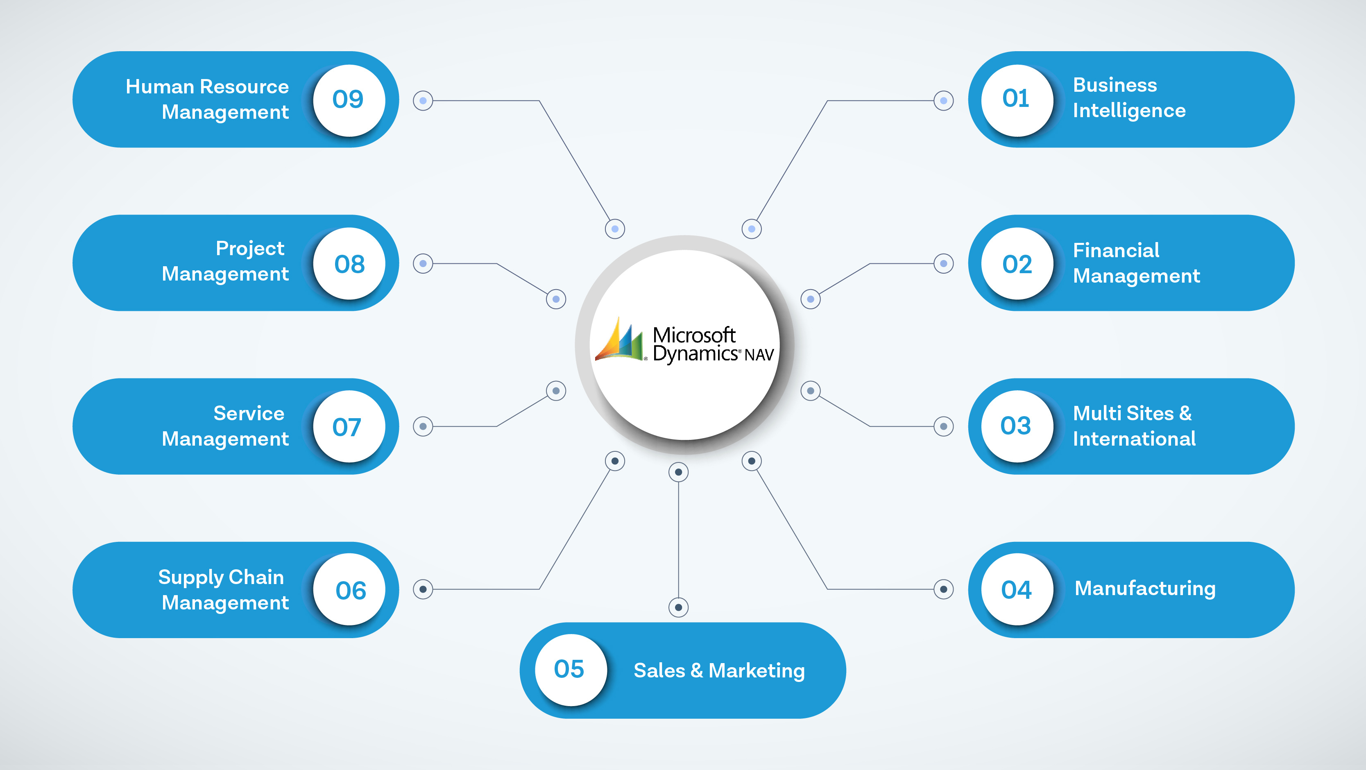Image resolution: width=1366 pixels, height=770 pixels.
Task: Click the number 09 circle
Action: pos(349,100)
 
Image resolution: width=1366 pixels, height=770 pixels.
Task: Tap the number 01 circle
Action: pos(1016,100)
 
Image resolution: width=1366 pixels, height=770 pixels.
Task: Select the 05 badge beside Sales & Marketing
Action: pos(569,669)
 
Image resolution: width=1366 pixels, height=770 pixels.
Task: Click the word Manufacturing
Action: pos(1145,589)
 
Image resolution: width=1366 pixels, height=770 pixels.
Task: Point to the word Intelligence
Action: pos(1129,111)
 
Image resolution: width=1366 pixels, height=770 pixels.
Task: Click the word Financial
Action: pos(1116,250)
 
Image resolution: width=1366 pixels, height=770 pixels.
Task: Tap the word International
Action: pos(1134,439)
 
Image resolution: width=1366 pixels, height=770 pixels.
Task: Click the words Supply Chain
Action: pos(221,577)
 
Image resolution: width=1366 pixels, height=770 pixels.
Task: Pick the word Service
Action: pos(249,414)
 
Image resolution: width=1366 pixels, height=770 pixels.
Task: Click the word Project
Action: pos(250,249)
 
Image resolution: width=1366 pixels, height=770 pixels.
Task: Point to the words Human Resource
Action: pos(207,86)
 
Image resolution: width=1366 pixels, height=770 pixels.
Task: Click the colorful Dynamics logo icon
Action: pos(619,340)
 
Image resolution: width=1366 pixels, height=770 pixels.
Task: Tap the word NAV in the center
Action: pos(759,355)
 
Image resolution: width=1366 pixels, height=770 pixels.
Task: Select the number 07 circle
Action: pos(349,426)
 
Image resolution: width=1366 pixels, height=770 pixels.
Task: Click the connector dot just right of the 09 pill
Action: pos(423,100)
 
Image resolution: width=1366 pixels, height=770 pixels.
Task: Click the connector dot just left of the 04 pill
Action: pos(943,589)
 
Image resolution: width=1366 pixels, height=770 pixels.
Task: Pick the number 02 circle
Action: pos(1016,263)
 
